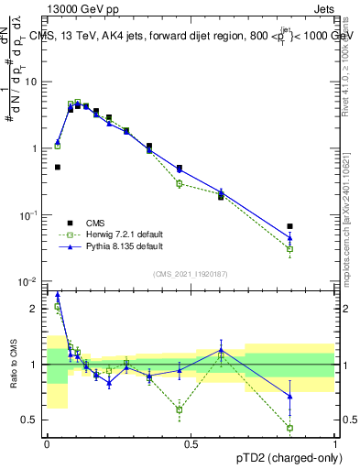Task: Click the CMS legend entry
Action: point(95,223)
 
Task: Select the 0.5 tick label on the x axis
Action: point(191,443)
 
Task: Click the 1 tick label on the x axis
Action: point(335,443)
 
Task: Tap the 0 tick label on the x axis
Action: point(47,443)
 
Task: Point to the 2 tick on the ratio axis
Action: point(38,309)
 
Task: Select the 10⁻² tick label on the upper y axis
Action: point(32,281)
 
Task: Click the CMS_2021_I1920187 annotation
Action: point(191,273)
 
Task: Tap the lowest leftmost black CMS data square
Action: point(58,167)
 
